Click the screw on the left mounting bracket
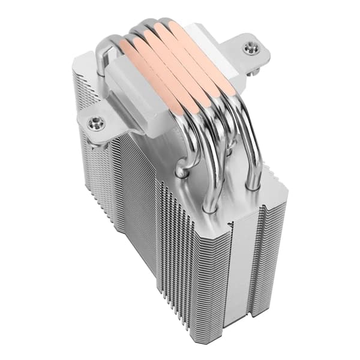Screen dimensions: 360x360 tap(94, 124)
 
